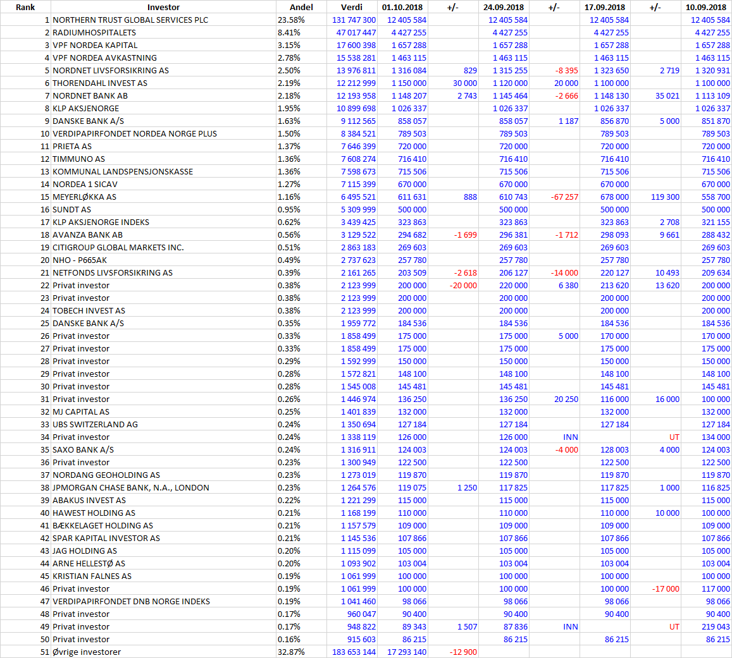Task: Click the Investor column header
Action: (163, 7)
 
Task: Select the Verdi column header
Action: (352, 7)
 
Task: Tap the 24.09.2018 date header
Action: (503, 7)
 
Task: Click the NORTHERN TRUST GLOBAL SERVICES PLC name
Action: (130, 20)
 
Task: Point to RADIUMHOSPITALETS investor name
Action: (94, 33)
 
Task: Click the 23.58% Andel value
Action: (291, 20)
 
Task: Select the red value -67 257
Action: (564, 197)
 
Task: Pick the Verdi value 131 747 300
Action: (354, 20)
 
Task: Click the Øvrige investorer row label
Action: (87, 652)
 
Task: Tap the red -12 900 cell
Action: (463, 652)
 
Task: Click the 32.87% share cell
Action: (291, 652)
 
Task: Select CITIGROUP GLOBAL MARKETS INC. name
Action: (118, 248)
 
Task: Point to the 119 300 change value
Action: (665, 197)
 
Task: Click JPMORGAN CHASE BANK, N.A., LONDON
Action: (131, 488)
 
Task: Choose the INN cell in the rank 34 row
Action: (571, 437)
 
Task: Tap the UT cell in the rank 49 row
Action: (674, 627)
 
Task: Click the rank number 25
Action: (45, 323)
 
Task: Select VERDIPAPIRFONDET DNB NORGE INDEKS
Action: (131, 602)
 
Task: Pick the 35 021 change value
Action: (667, 95)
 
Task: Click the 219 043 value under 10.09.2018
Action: (715, 627)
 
